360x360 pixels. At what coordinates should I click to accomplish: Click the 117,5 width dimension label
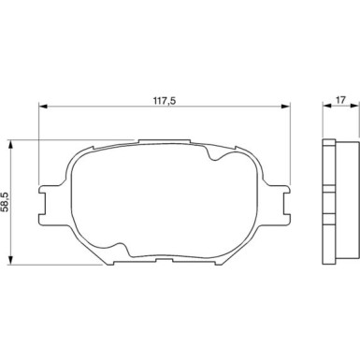tap(165, 100)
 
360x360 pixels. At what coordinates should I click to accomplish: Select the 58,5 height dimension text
tap(6, 202)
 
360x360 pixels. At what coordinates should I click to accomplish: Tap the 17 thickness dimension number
tap(341, 100)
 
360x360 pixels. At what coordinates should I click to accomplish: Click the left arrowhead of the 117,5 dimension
tap(43, 107)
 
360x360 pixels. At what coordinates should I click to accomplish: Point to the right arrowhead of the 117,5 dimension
tap(286, 107)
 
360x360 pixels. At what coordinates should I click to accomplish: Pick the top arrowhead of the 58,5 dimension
tap(10, 145)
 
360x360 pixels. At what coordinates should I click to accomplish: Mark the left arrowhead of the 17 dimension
tap(326, 106)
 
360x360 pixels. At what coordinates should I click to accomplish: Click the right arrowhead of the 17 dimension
tap(354, 106)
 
